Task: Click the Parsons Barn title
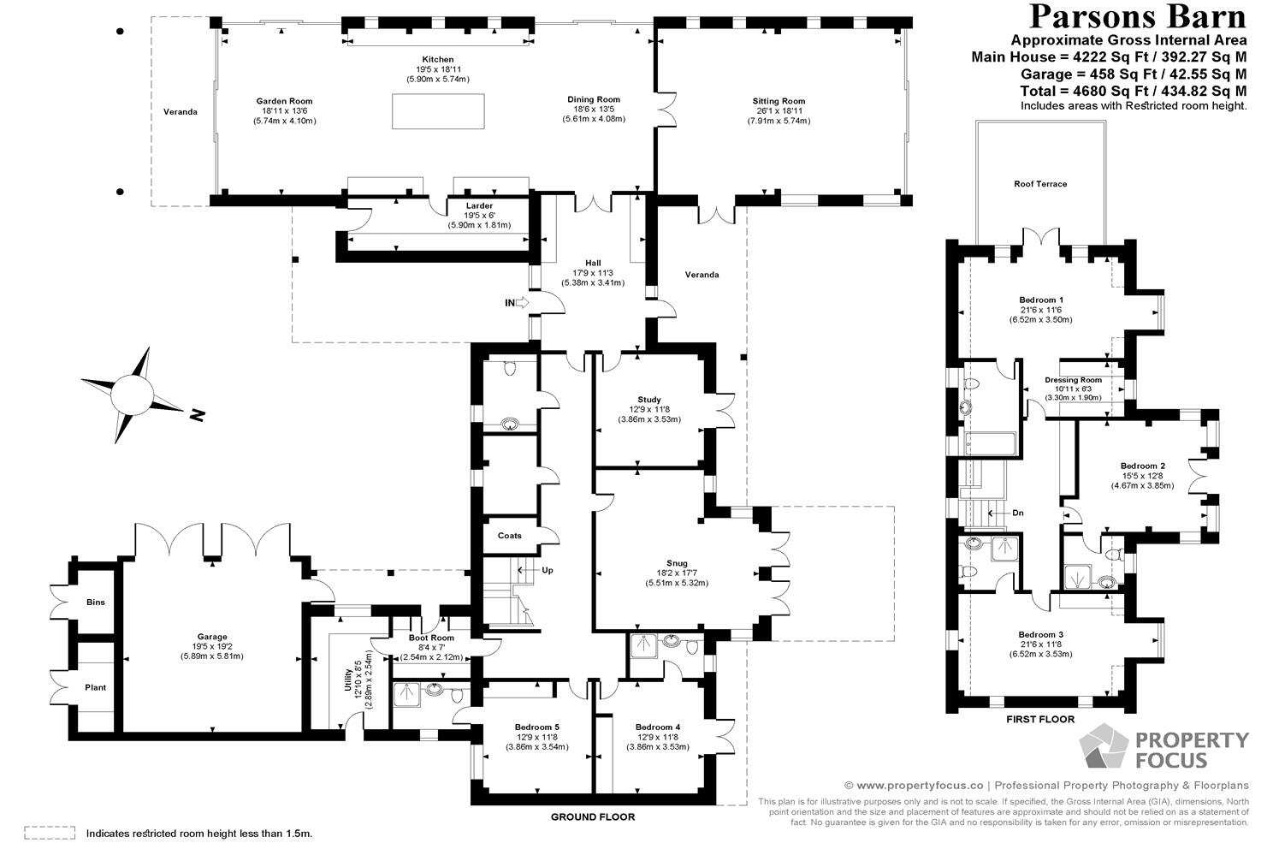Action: pyautogui.click(x=1137, y=16)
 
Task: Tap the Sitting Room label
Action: pyautogui.click(x=779, y=101)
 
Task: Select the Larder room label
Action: pyautogui.click(x=479, y=206)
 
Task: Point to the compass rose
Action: pyautogui.click(x=133, y=395)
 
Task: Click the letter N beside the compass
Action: pyautogui.click(x=198, y=415)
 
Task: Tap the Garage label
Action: pyautogui.click(x=212, y=637)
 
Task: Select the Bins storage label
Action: pyautogui.click(x=96, y=603)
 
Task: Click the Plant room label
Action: pyautogui.click(x=96, y=687)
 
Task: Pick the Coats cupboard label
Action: pyautogui.click(x=510, y=536)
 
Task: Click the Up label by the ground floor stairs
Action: pyautogui.click(x=548, y=570)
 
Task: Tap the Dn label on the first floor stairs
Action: pyautogui.click(x=1017, y=514)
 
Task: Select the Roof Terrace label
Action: pyautogui.click(x=1040, y=184)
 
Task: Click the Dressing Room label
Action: pyautogui.click(x=1073, y=380)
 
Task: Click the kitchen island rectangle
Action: pyautogui.click(x=438, y=111)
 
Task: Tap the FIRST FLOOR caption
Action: pyautogui.click(x=1040, y=719)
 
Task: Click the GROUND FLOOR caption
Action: pyautogui.click(x=592, y=816)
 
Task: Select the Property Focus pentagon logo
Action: pyautogui.click(x=1103, y=747)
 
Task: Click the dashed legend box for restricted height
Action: pyautogui.click(x=50, y=832)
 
